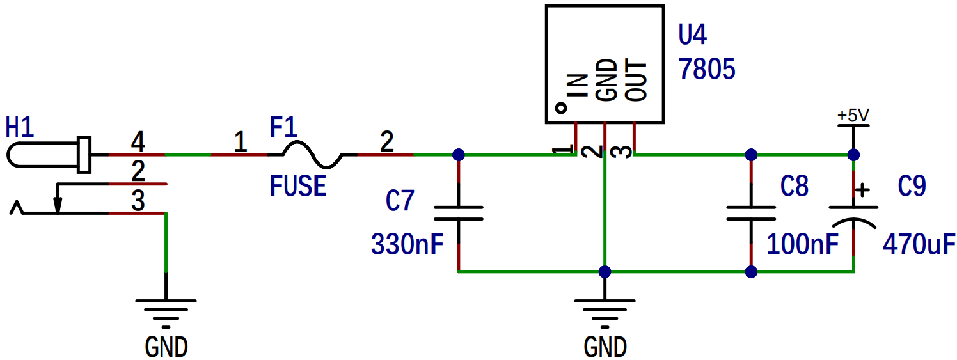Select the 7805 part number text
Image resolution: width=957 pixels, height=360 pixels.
coord(707,69)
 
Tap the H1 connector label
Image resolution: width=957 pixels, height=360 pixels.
coord(20,127)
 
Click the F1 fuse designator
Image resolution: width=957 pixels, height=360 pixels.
coord(283,127)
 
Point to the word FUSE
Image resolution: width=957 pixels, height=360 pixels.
coord(297,186)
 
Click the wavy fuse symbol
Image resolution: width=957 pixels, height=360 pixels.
coord(312,154)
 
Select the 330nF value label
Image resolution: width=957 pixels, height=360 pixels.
coord(407,244)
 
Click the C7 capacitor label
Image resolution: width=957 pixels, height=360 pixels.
coord(400,200)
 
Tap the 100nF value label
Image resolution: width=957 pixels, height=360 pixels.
coord(803,244)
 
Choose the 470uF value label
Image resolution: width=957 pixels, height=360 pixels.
coord(919,244)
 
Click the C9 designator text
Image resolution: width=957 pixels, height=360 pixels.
coord(912,186)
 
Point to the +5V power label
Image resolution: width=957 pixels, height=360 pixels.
coord(853,115)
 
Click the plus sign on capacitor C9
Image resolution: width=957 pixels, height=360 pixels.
coord(862,190)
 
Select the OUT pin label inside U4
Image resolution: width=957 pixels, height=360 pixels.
coord(636,81)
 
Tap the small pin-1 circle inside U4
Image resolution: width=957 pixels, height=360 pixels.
coord(561,108)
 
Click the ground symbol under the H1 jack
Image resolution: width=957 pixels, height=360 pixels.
coord(166,313)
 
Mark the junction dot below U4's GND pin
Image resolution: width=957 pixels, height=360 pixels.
coord(605,272)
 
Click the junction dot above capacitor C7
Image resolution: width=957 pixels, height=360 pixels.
coord(459,155)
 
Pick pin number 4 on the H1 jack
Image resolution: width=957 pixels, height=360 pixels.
coord(138,142)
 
